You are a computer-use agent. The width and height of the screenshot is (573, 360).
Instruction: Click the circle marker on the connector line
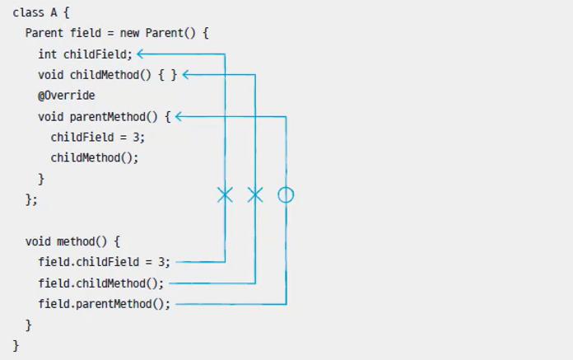pyautogui.click(x=286, y=195)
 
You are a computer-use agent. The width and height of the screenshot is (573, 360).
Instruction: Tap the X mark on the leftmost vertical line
pyautogui.click(x=225, y=195)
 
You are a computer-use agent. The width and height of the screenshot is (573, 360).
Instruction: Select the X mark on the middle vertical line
pyautogui.click(x=255, y=195)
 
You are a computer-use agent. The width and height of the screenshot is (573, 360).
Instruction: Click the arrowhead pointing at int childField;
pyautogui.click(x=141, y=54)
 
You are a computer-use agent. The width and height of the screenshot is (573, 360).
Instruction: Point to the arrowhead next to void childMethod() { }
pyautogui.click(x=186, y=75)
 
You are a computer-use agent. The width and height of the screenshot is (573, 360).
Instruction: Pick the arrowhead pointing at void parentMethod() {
pyautogui.click(x=179, y=117)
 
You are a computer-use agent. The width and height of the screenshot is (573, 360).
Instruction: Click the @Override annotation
pyautogui.click(x=66, y=96)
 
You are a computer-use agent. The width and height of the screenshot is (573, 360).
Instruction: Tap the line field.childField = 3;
pyautogui.click(x=104, y=262)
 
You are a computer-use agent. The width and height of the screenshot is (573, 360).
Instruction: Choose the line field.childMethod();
pyautogui.click(x=100, y=283)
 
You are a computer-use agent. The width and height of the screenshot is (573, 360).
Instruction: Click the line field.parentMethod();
pyautogui.click(x=104, y=304)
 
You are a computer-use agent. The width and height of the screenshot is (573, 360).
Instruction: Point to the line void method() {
pyautogui.click(x=72, y=241)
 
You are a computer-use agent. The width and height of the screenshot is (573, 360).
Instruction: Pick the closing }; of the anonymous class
pyautogui.click(x=31, y=199)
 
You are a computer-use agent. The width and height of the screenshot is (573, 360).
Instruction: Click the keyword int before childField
pyautogui.click(x=47, y=54)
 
